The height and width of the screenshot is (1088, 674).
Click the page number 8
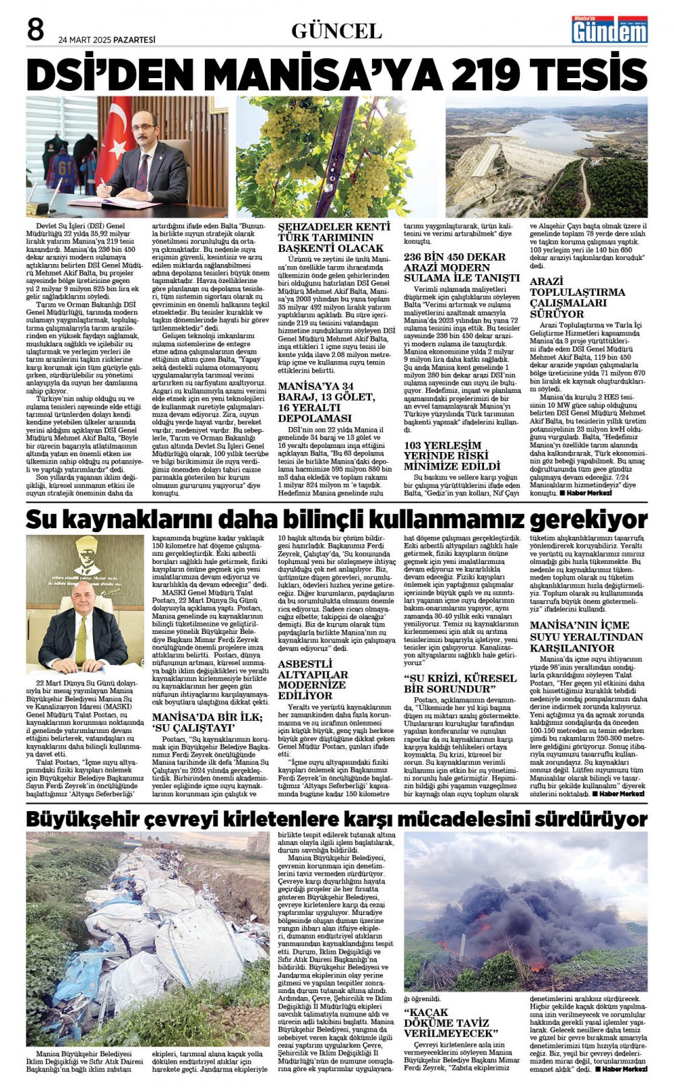pos(35,31)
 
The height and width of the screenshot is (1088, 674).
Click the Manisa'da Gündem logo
pos(609,30)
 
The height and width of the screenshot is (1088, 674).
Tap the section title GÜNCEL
pos(336,31)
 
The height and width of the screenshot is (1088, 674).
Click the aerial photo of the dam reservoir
pos(546,156)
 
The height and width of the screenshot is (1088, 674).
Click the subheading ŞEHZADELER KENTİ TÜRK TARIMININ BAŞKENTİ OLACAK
pos(334,237)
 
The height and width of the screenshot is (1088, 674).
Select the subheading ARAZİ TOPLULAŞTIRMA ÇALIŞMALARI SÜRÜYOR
pos(578,297)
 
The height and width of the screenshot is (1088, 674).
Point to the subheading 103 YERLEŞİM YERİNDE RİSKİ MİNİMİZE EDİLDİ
pos(453,455)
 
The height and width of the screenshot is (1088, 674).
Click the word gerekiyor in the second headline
pos(588,519)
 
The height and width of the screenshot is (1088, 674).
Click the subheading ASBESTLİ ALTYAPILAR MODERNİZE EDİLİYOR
pos(313,680)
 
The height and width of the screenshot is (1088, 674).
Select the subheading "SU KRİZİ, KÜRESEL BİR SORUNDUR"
pos(460,684)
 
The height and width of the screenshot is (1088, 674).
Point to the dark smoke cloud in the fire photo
pos(526,903)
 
